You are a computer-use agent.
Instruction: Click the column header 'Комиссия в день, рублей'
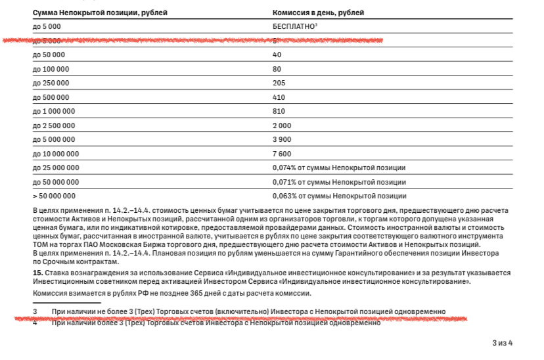317,12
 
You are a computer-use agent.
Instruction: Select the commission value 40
277,55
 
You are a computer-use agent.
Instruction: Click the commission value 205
279,83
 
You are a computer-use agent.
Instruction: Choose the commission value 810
279,111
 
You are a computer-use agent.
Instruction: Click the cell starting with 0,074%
339,168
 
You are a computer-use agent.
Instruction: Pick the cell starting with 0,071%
339,182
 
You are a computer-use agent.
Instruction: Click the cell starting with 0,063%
339,196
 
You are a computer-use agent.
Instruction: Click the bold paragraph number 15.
37,272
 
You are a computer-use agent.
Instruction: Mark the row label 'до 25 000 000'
56,168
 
